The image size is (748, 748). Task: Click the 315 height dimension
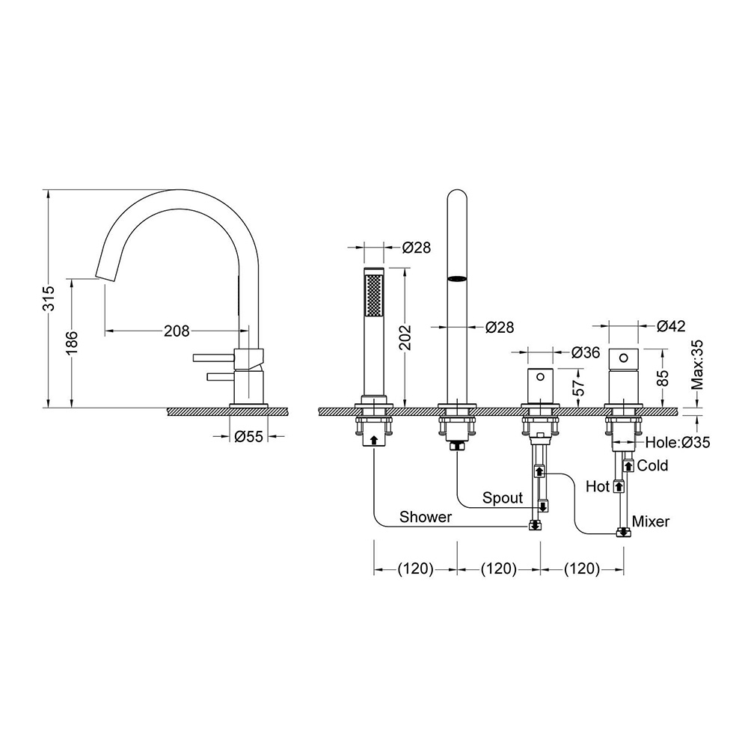pyautogui.click(x=49, y=298)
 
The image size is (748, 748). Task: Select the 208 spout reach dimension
pyautogui.click(x=177, y=331)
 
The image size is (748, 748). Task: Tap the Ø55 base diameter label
pyautogui.click(x=248, y=436)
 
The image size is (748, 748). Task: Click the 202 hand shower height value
pyautogui.click(x=405, y=337)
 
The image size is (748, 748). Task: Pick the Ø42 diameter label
pyautogui.click(x=671, y=326)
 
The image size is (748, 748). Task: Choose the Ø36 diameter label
pyautogui.click(x=586, y=352)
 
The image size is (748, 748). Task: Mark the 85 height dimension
pyautogui.click(x=663, y=378)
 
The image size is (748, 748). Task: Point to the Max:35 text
pyautogui.click(x=697, y=364)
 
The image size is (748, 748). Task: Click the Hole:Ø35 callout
pyautogui.click(x=678, y=442)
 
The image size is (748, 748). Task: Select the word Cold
pyautogui.click(x=652, y=465)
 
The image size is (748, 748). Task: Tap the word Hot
pyautogui.click(x=598, y=487)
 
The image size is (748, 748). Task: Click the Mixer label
pyautogui.click(x=651, y=521)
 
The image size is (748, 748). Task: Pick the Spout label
pyautogui.click(x=503, y=497)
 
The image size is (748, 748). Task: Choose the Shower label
pyautogui.click(x=426, y=517)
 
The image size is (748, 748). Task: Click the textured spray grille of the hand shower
pyautogui.click(x=373, y=294)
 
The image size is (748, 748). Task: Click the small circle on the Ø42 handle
pyautogui.click(x=624, y=357)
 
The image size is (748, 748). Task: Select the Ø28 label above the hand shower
pyautogui.click(x=416, y=248)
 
